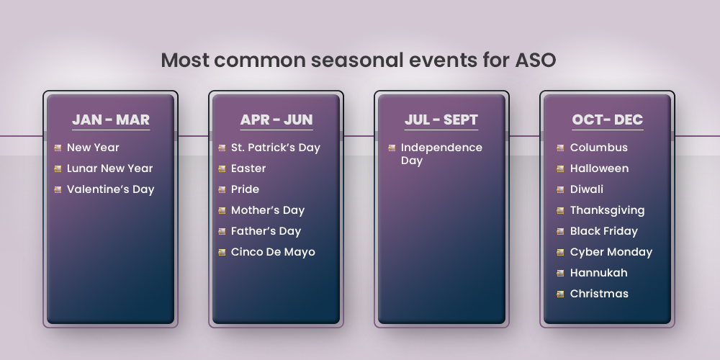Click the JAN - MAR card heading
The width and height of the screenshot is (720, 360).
click(111, 120)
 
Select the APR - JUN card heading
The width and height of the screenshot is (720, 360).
click(276, 120)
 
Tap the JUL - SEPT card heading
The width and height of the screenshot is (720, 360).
click(441, 120)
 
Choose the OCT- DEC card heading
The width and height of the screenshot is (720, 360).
click(608, 120)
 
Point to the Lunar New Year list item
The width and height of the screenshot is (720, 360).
click(109, 168)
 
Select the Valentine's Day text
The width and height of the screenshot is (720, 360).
click(110, 189)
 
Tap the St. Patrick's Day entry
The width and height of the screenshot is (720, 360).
click(275, 148)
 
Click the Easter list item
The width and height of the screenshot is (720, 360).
click(248, 168)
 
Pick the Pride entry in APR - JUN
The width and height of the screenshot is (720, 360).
click(245, 189)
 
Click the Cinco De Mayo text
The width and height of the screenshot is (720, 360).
click(273, 252)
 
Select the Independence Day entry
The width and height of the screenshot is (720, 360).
click(441, 154)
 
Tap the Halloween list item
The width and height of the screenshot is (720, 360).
click(599, 168)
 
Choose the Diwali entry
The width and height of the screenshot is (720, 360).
click(587, 189)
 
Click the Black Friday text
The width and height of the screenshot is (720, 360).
click(603, 231)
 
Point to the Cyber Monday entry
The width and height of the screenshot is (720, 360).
click(611, 252)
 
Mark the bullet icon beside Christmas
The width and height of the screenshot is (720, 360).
click(560, 294)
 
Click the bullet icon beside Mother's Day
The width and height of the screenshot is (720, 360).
click(222, 210)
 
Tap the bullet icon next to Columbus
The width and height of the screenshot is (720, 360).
click(560, 148)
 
